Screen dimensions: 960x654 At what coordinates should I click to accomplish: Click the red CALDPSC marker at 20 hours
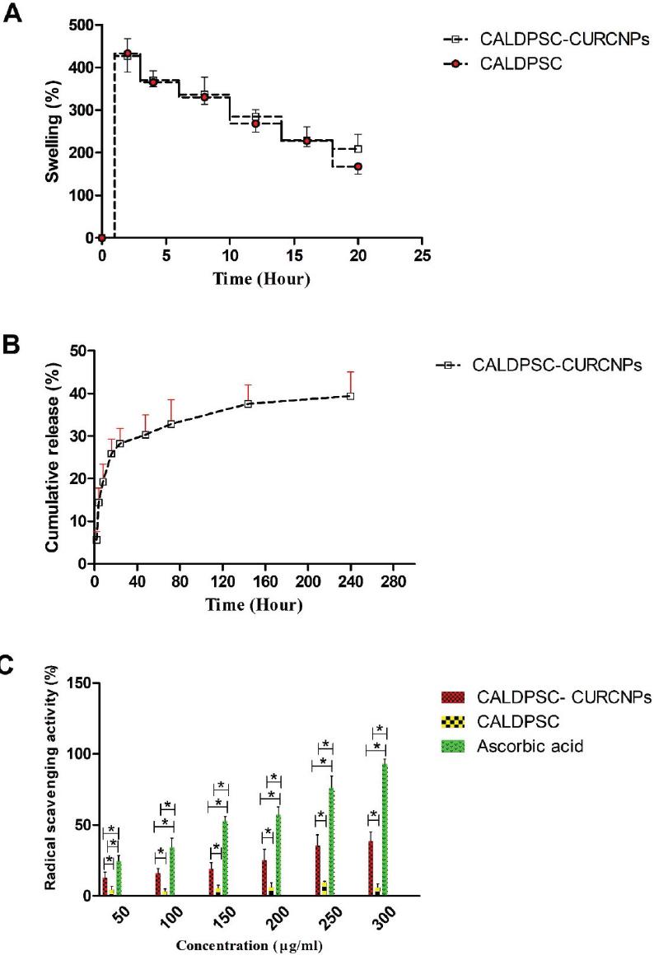pyautogui.click(x=358, y=166)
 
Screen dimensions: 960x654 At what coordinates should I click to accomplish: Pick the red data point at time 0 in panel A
pyautogui.click(x=101, y=238)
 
